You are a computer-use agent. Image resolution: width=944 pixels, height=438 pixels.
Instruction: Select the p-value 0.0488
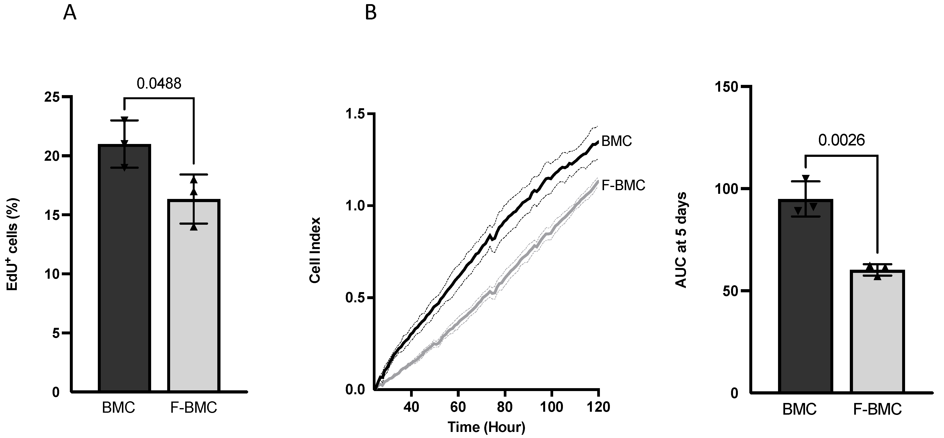(159, 84)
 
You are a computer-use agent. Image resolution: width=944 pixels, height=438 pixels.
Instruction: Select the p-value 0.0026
(841, 140)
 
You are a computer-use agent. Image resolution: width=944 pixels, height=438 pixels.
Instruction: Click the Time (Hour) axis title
(486, 427)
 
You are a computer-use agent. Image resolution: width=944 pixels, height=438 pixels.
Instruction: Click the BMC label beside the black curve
(617, 141)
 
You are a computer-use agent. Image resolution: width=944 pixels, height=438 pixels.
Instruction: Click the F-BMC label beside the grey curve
(623, 185)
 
